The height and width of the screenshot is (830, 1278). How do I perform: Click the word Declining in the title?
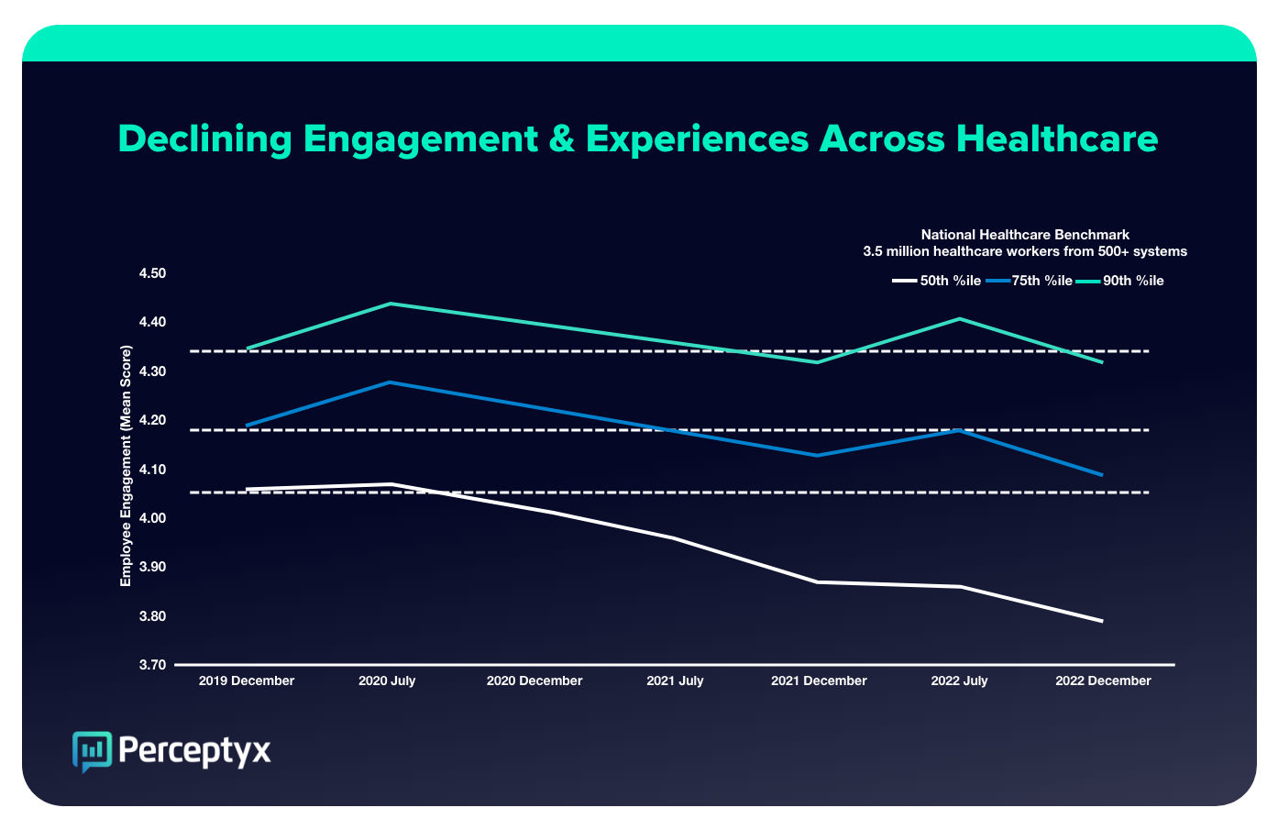[x=204, y=139]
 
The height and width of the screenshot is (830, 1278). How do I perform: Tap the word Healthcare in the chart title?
[x=1057, y=139]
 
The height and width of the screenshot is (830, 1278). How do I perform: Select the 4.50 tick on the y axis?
[x=152, y=273]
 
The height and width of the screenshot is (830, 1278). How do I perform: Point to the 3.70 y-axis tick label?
[x=152, y=665]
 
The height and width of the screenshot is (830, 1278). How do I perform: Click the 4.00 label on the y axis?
[x=152, y=518]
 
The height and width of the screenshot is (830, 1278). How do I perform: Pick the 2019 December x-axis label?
[x=247, y=681]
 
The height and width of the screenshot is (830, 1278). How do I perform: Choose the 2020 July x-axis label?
[x=387, y=681]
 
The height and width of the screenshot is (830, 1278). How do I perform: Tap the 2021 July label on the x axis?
[x=675, y=681]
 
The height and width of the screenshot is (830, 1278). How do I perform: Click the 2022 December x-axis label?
[x=1103, y=681]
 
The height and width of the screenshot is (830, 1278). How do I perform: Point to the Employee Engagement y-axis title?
[x=127, y=466]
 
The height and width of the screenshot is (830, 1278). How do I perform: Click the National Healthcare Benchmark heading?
[x=1025, y=235]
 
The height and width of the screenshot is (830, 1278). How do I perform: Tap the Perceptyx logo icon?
[x=92, y=751]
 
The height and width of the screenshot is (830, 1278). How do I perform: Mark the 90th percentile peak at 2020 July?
[x=391, y=304]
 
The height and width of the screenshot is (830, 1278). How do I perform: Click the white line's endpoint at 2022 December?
[x=1102, y=621]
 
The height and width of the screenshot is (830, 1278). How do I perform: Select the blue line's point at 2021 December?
[x=817, y=455]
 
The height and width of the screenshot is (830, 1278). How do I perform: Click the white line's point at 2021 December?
[x=817, y=581]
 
